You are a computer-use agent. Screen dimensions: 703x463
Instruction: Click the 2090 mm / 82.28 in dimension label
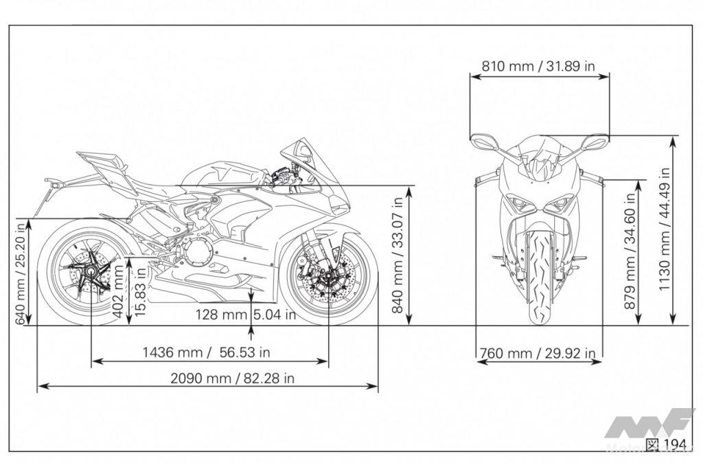232,379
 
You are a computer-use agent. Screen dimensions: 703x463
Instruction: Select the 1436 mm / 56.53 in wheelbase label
206,352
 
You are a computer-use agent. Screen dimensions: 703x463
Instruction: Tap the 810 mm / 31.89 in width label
538,66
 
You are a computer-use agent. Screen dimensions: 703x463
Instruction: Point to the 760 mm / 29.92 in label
538,353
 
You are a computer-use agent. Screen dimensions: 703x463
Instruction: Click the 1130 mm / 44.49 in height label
665,229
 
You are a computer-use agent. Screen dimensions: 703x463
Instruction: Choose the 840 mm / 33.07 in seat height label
397,254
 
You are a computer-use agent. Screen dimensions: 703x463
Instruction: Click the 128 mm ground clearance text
221,314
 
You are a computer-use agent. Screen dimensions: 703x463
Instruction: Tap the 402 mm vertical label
118,291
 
